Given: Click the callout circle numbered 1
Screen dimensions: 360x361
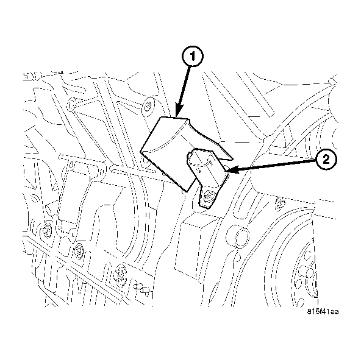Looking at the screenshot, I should pyautogui.click(x=191, y=57).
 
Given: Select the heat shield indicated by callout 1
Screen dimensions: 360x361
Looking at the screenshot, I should pyautogui.click(x=172, y=149).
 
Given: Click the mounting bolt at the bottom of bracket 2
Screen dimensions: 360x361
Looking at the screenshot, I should pyautogui.click(x=209, y=196).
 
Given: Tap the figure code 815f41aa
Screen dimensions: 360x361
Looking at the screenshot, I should pyautogui.click(x=323, y=311).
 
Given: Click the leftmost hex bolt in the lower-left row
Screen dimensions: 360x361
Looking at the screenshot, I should pyautogui.click(x=47, y=229).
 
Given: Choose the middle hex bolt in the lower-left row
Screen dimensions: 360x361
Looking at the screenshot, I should pyautogui.click(x=78, y=250).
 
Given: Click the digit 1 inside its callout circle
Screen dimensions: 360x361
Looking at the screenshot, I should pyautogui.click(x=191, y=57).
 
